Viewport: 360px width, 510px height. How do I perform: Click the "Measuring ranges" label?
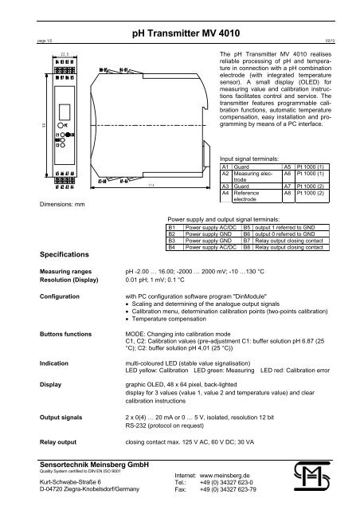click(x=67, y=293)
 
